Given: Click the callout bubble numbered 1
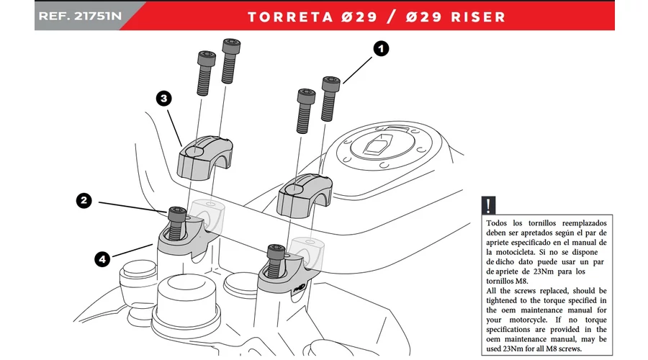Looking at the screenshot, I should pos(381,49).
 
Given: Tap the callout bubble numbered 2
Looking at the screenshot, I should pos(84,202).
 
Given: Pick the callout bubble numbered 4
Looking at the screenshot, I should pos(104,256).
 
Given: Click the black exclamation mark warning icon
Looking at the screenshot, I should pos(490,204).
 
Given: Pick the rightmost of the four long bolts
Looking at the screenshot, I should pos(329,97).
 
